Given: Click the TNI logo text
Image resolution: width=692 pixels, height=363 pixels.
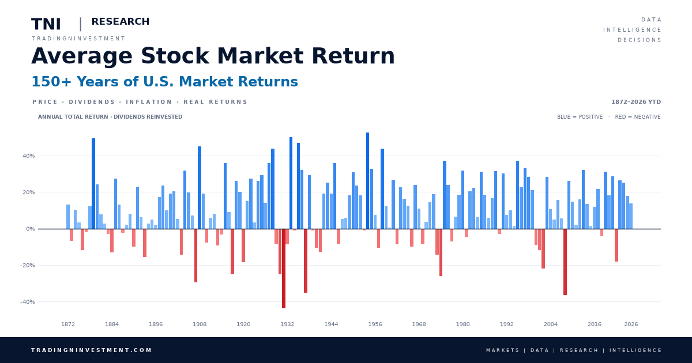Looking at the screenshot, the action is [46, 24].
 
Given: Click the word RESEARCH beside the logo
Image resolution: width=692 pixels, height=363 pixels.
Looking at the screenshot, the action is [121, 21].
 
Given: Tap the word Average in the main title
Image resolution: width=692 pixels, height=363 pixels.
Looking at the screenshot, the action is [82, 56].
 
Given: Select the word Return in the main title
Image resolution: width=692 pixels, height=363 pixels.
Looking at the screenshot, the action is [353, 56].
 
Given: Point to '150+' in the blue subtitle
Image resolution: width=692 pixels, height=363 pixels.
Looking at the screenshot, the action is [51, 81].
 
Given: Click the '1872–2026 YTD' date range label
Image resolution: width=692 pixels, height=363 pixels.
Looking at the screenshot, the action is [635, 102].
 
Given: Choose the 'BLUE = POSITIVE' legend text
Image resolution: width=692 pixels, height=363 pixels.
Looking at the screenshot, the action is [580, 116].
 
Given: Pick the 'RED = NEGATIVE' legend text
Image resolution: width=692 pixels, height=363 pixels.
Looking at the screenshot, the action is [638, 116].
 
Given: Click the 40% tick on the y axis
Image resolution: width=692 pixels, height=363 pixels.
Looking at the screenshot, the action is [28, 156].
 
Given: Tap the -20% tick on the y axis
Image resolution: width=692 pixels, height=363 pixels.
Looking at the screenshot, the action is [28, 265].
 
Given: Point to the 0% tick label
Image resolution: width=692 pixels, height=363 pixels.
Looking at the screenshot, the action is [30, 229].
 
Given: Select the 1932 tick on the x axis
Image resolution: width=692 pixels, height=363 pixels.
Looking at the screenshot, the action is [287, 324].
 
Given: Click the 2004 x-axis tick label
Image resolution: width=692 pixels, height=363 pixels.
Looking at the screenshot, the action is [551, 324].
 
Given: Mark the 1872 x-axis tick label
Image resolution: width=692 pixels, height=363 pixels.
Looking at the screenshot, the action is [68, 324].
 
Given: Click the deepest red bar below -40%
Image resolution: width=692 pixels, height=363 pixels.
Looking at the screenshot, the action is [284, 269].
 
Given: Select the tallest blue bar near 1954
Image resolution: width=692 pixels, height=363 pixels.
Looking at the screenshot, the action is [368, 180].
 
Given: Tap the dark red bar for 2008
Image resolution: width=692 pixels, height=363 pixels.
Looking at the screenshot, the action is [565, 262].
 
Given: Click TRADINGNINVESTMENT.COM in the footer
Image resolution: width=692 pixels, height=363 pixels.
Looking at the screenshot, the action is [92, 350].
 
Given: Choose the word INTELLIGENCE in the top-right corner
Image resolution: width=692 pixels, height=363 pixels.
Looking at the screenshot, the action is [632, 29].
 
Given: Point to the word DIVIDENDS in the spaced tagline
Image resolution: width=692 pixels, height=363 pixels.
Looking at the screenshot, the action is [92, 102].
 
